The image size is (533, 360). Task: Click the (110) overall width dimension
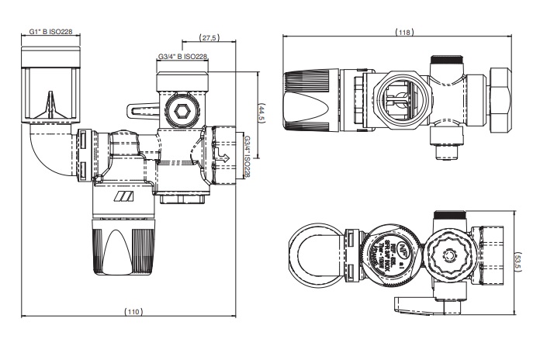click(133, 311)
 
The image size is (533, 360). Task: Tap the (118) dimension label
click(403, 32)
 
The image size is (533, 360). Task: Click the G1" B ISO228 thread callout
click(50, 33)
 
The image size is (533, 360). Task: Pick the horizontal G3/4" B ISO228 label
click(182, 57)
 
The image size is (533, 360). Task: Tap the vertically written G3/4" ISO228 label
click(247, 157)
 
